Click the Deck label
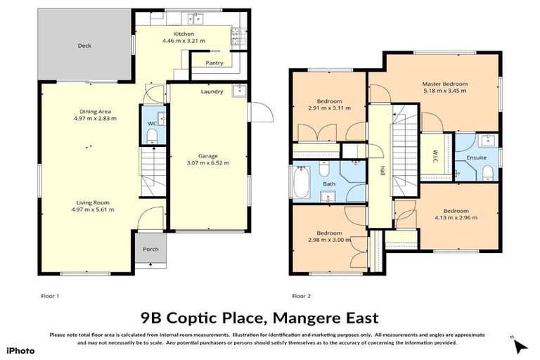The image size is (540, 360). pos(84,46)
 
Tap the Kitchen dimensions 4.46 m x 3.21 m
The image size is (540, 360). pos(184,41)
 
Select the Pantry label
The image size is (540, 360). pos(214,63)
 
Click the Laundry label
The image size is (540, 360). pos(212,91)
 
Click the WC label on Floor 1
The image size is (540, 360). pos(150,124)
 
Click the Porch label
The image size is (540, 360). pos(150,249)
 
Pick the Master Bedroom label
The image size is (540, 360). pos(444,84)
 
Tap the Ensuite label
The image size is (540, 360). pos(476,157)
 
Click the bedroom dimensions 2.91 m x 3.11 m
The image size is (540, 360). pos(329,108)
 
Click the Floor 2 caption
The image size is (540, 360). pos(302,296)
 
